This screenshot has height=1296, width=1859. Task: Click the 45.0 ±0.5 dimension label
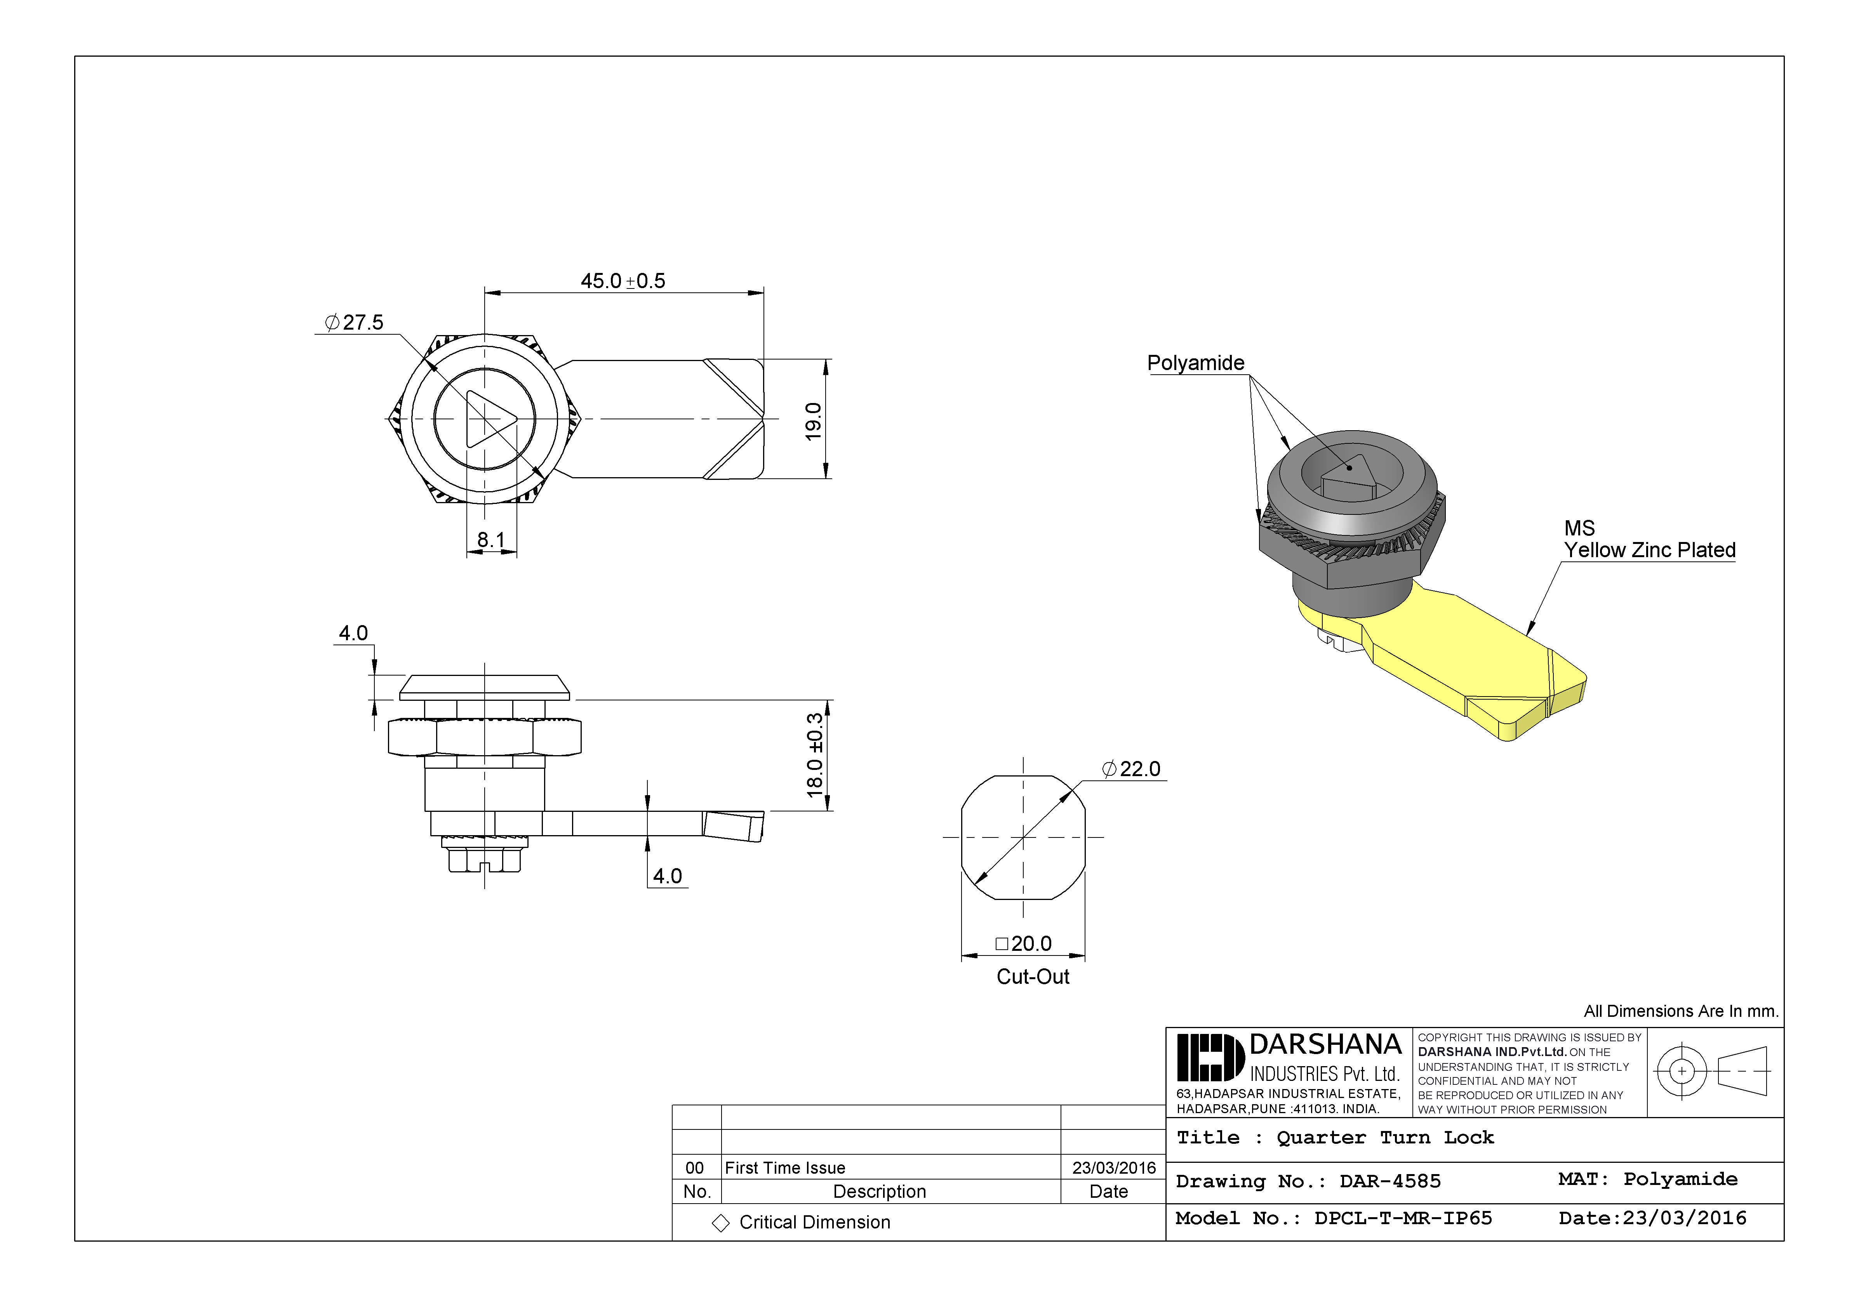[623, 281]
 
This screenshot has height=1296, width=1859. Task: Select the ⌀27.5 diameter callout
[354, 322]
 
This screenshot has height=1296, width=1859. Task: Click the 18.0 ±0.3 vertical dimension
[814, 754]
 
